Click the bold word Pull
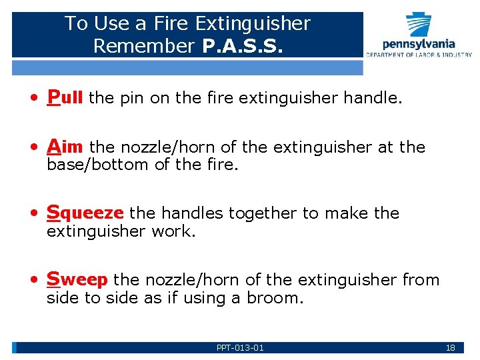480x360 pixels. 65,98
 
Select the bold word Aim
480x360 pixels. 65,147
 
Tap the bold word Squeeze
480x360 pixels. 85,213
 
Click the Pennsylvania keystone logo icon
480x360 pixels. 419,25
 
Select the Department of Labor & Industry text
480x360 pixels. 418,55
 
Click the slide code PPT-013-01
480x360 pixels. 240,348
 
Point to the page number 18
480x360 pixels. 450,348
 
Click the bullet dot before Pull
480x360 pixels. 33,99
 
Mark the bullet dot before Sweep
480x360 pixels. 33,281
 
